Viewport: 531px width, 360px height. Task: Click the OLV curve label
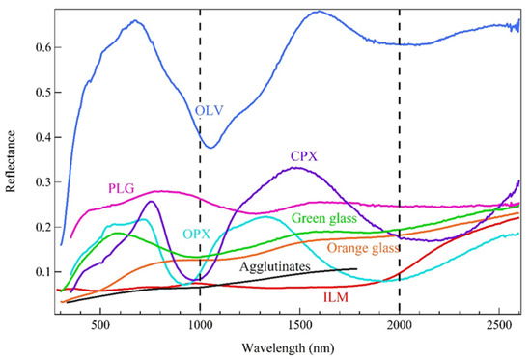click(209, 112)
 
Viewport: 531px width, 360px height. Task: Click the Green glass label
click(323, 219)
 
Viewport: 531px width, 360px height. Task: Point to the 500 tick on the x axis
click(100, 327)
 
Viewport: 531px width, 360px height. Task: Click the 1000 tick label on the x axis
click(200, 327)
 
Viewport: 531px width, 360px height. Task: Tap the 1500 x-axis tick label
click(299, 327)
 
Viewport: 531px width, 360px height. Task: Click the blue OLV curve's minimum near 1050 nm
click(210, 148)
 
